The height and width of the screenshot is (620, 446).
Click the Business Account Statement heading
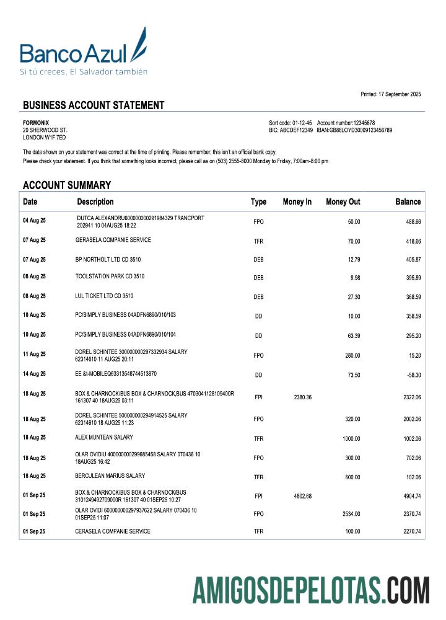pos(94,105)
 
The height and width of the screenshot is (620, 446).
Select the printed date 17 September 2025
pos(391,94)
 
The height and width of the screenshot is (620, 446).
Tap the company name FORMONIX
pos(36,123)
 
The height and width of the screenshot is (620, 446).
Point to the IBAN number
pos(354,130)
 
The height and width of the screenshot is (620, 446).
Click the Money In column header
pos(297,201)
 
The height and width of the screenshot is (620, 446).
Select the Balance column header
pos(408,201)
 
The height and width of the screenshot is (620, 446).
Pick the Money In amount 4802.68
pos(300,496)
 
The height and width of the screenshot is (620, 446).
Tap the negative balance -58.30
pos(413,375)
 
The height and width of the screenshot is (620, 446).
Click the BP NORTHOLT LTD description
pos(108,259)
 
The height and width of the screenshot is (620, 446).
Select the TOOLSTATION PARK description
pos(110,277)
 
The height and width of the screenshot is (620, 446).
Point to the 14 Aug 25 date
pos(34,374)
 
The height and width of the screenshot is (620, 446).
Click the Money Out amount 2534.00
pos(349,514)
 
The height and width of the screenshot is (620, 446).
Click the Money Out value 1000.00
pos(351,439)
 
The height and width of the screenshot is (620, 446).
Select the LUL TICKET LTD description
pos(104,296)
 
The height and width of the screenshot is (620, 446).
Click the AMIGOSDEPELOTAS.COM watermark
pos(310,590)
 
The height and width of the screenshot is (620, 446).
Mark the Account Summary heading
pos(67,185)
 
